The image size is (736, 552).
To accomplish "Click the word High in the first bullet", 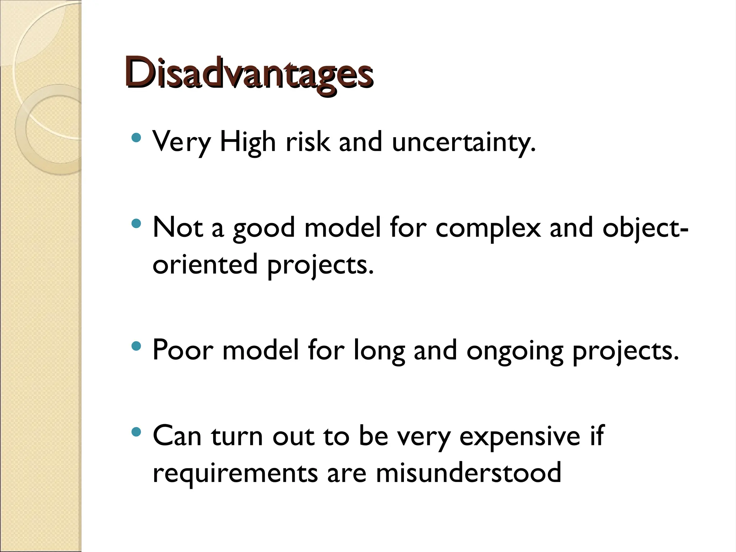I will tap(247, 142).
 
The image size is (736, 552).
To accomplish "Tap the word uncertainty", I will tap(464, 142).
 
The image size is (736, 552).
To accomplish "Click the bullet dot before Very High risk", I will tap(136, 137).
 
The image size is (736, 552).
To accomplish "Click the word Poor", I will tap(183, 350).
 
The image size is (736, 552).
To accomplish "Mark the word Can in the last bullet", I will tap(177, 436).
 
